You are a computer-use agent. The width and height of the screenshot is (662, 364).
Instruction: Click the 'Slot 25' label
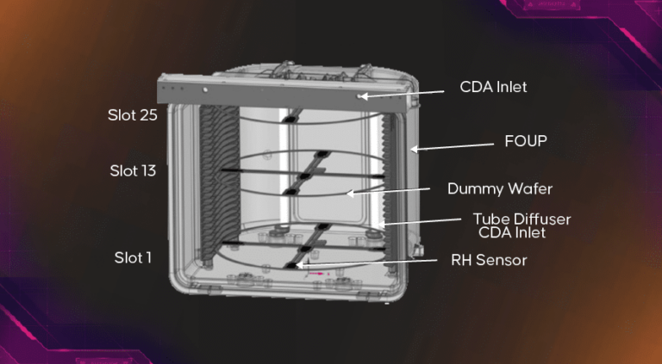[132, 114]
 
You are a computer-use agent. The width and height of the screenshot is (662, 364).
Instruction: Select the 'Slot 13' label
[132, 170]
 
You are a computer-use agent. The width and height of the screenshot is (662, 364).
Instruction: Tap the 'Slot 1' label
[133, 256]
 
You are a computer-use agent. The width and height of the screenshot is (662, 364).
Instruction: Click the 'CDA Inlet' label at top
[492, 87]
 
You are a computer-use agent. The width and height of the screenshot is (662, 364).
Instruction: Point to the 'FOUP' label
[525, 140]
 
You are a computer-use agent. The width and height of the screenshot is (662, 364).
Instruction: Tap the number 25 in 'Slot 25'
[147, 114]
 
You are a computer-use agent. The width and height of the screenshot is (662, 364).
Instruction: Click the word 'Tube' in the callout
[488, 219]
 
